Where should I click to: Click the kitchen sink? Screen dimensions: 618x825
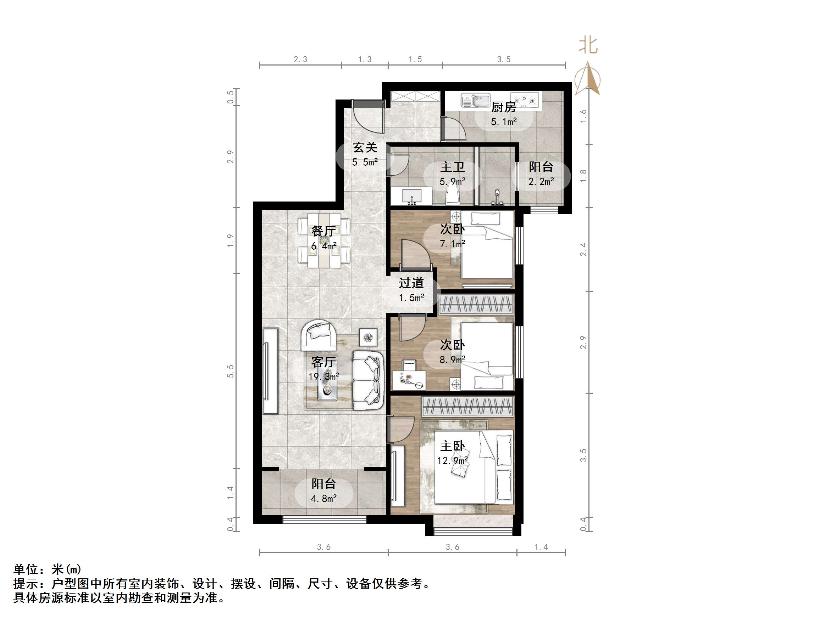(476, 100)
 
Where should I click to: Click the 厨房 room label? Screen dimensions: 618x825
(504, 107)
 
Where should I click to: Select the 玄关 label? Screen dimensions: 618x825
(365, 148)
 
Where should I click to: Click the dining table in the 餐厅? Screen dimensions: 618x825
(324, 240)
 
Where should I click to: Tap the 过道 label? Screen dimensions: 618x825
(411, 283)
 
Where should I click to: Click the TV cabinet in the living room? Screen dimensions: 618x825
(270, 371)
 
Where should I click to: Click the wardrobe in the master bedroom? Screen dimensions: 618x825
(468, 406)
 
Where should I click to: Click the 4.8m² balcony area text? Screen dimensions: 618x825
(324, 498)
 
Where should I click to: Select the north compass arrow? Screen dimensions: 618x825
(588, 80)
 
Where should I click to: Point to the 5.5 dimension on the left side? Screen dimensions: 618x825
(231, 371)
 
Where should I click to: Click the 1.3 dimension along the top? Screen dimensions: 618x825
(365, 59)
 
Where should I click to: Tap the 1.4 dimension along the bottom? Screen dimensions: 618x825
(541, 547)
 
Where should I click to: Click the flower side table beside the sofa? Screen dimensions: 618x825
(368, 338)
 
